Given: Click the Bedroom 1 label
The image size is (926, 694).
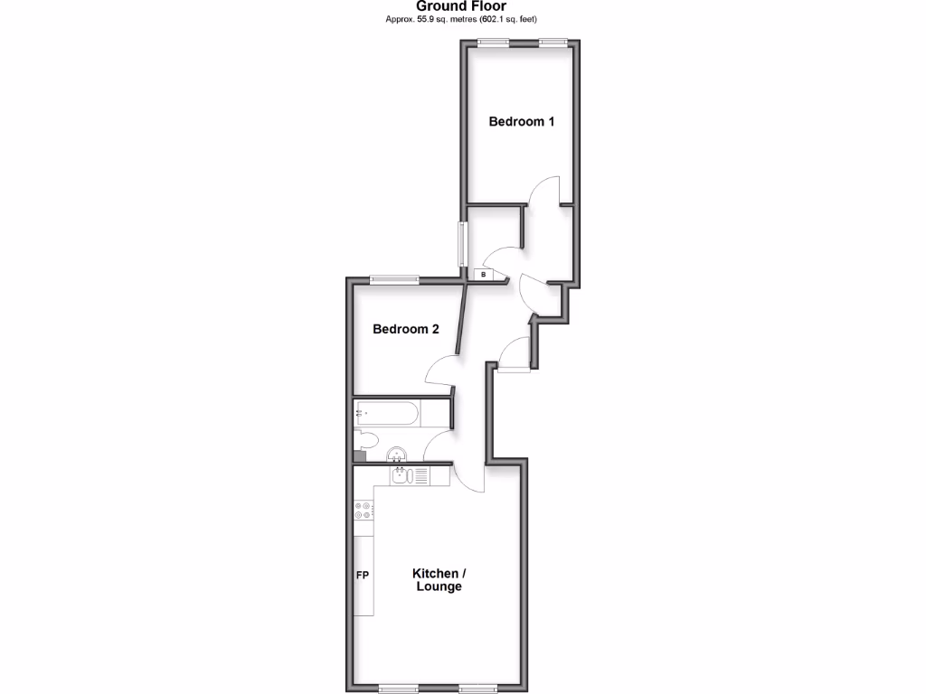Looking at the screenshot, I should [x=522, y=121].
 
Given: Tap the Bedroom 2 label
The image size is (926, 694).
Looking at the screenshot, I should [x=406, y=329].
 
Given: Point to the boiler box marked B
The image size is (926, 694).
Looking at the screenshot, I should [x=483, y=274].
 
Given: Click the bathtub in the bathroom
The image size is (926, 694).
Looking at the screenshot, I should [x=387, y=415].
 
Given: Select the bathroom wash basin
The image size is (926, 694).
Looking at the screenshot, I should [x=397, y=454].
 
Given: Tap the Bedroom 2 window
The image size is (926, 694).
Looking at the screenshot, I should [x=394, y=279].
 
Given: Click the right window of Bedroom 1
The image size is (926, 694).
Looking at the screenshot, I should [x=553, y=42].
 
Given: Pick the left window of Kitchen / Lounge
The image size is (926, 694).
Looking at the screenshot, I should [x=400, y=689].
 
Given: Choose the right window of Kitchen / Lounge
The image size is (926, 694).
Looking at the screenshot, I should [x=480, y=689].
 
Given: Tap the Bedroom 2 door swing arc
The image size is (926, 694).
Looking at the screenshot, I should [x=439, y=367].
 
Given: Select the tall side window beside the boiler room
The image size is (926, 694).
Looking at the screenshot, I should [x=461, y=244].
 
